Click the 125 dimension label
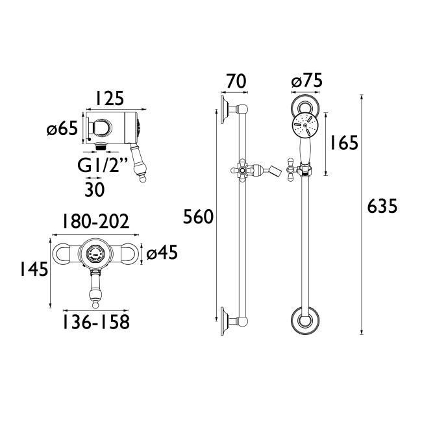coord(110,98)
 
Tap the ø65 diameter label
coord(62,127)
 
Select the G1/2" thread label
coord(103,165)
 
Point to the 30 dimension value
coord(95,190)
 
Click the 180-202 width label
coord(96,221)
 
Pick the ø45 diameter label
coord(162,253)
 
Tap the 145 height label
coord(34,269)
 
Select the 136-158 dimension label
coord(96,321)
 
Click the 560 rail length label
coord(198,217)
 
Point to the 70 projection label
coord(236,81)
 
